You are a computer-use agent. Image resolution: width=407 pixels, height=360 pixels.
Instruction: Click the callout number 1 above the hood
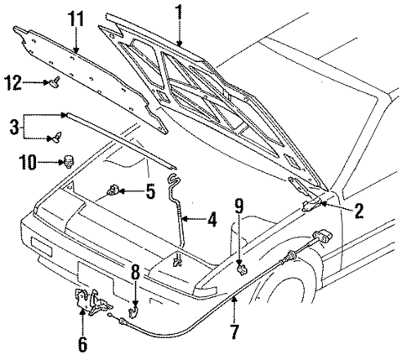click(x=178, y=12)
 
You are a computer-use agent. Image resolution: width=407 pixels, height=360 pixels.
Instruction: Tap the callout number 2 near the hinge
click(x=358, y=211)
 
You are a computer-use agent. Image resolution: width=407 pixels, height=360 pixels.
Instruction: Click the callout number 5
click(x=149, y=191)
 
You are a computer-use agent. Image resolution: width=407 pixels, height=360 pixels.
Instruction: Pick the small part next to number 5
click(x=113, y=191)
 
